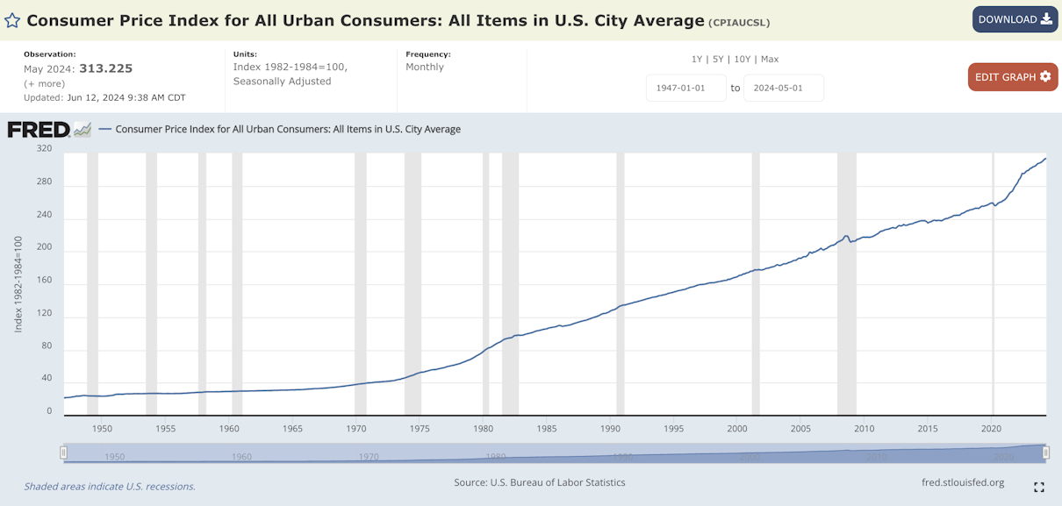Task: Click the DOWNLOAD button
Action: [x=1015, y=19]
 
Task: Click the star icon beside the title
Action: [x=12, y=20]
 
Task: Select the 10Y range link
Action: [x=742, y=60]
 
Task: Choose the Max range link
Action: [x=770, y=60]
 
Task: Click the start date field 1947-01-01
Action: [x=685, y=88]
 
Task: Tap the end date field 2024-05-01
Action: [x=783, y=88]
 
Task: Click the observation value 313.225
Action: [x=105, y=68]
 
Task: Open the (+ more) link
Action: [x=44, y=84]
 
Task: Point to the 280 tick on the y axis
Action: [x=44, y=182]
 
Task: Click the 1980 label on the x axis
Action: [x=483, y=429]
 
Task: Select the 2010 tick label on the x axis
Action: [x=864, y=429]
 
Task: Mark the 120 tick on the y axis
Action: [x=44, y=313]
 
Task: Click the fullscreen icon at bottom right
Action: [x=1039, y=487]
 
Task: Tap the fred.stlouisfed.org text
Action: [x=963, y=482]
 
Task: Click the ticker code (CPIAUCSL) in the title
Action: [x=739, y=23]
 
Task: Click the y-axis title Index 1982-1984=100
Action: [x=18, y=284]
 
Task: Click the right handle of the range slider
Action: [x=1045, y=453]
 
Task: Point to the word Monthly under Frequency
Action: [x=424, y=67]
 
